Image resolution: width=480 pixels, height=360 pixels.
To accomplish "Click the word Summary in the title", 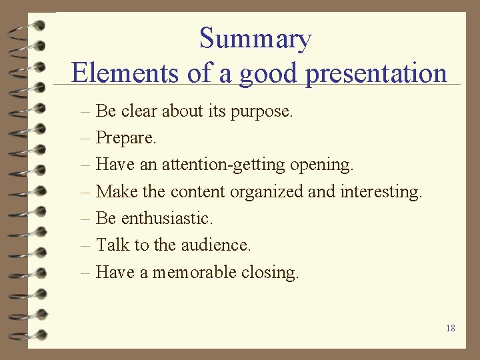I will click(x=255, y=39).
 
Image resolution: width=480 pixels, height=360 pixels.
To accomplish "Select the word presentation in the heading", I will click(x=376, y=73).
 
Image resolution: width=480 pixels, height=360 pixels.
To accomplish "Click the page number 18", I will click(x=451, y=328).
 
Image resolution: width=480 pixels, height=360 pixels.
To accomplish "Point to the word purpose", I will click(x=261, y=111).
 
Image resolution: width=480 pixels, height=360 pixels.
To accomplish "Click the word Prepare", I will click(x=126, y=138).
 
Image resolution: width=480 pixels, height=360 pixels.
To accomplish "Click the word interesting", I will click(x=381, y=192).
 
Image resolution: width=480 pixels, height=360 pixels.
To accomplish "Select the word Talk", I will click(x=113, y=245).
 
